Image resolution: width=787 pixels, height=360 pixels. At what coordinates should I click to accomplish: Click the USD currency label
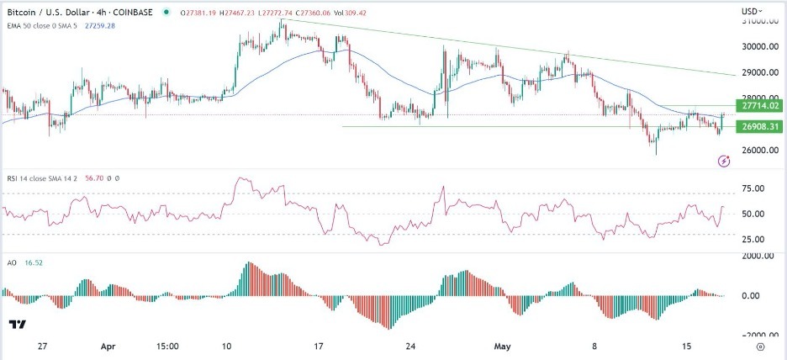coord(751,11)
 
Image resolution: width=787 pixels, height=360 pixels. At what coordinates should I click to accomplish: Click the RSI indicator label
coord(38,178)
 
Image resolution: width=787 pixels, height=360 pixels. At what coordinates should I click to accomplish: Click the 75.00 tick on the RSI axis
coord(756,188)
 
